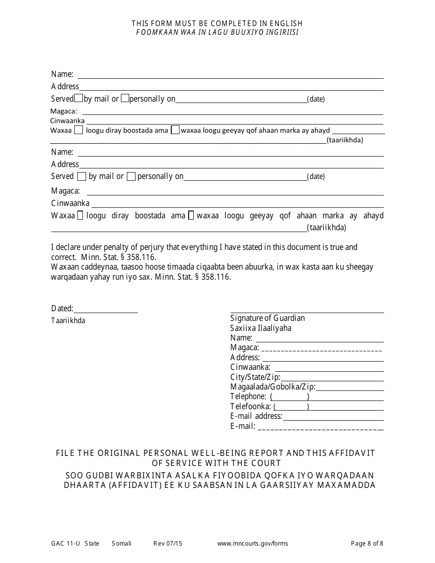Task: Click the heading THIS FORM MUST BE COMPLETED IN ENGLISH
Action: tap(217, 23)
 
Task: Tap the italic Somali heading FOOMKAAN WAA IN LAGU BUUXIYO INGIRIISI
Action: tap(217, 32)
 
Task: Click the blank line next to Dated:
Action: tap(105, 309)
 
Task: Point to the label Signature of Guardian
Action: tap(267, 318)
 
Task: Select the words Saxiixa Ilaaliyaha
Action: tap(261, 328)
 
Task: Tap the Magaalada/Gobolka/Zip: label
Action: tap(272, 387)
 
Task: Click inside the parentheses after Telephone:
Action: tap(289, 397)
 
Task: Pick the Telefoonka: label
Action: tap(250, 406)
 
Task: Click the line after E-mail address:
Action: tap(333, 417)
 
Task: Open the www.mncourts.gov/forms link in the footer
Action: tap(253, 544)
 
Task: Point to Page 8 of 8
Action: tap(367, 544)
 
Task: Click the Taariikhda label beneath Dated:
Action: tap(68, 321)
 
